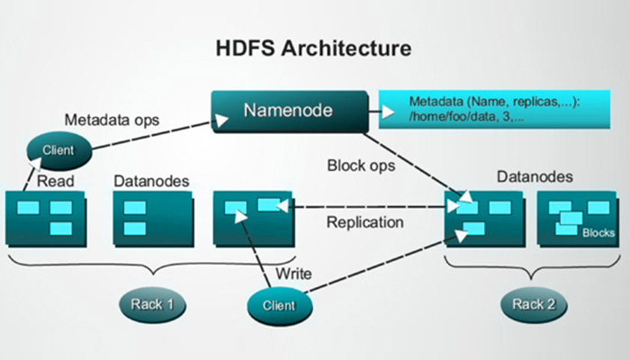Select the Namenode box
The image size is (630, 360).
tap(289, 111)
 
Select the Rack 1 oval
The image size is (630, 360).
tap(150, 303)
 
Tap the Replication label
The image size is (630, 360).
tap(364, 222)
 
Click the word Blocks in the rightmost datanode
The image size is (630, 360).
tap(598, 232)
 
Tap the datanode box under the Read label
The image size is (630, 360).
tap(48, 217)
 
